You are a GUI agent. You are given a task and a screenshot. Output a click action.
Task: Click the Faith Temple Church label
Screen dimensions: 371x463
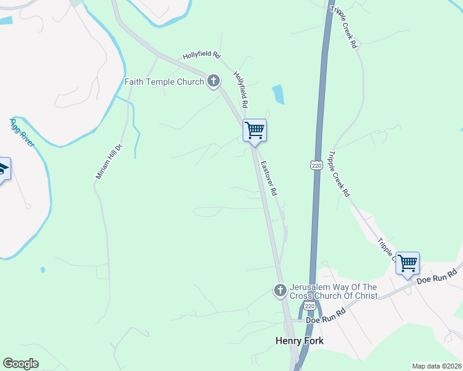coord(164,82)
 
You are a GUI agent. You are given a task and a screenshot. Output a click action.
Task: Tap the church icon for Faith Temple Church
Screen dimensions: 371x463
coord(214,81)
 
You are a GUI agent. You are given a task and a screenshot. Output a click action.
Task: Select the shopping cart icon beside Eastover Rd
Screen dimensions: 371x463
coord(254,131)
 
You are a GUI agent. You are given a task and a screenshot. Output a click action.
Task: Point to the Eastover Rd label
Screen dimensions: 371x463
coord(269,179)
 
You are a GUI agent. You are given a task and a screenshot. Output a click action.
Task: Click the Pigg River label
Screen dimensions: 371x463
coord(22,132)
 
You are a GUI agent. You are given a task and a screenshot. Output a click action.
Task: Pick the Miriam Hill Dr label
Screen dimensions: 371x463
coord(106,160)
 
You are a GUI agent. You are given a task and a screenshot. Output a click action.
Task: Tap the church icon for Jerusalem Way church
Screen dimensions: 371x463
coord(280,289)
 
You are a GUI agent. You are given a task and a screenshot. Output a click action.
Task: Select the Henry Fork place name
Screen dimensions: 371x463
coord(299,341)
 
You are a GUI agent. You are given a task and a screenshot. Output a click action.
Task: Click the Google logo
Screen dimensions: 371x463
coord(20,364)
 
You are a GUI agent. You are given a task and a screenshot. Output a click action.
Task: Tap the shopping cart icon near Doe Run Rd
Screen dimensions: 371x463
coord(407,264)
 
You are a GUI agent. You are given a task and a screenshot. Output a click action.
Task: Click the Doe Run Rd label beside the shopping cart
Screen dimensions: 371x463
coord(436,276)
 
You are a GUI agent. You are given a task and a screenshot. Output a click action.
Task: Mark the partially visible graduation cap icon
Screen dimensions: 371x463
coord(3,169)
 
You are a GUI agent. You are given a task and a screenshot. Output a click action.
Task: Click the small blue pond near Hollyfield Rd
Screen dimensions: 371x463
coord(279,93)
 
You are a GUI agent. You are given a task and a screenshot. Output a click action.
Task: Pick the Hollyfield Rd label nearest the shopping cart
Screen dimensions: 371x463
coord(244,88)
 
